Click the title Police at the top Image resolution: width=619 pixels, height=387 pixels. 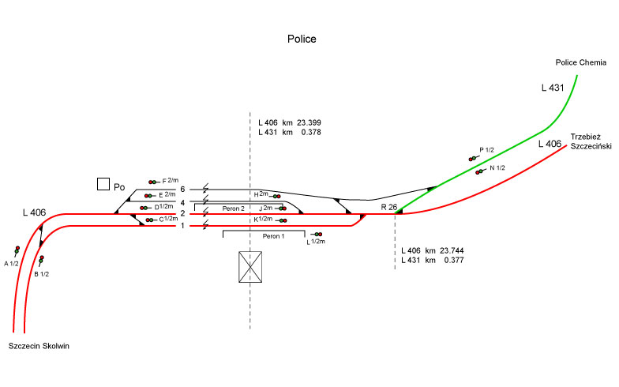point(302,39)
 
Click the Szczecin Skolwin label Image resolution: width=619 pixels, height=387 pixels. point(40,346)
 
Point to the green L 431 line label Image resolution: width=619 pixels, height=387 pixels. point(553,88)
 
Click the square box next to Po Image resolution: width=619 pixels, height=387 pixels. point(103,184)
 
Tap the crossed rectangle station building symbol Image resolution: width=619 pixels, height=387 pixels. point(250,267)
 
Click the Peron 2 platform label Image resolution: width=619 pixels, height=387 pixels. point(232,209)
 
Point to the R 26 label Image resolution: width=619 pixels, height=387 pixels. point(388,207)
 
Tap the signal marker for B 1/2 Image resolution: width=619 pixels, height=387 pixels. point(41,259)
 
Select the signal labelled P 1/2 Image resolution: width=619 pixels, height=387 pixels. point(473,159)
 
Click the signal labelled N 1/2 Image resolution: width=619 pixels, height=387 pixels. point(479,171)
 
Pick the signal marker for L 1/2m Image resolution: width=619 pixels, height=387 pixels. point(317,235)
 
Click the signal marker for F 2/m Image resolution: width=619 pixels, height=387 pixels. point(152,182)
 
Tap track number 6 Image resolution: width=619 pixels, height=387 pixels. point(182,190)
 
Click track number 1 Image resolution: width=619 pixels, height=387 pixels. point(182,226)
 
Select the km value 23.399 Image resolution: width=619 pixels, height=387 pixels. point(309,123)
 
